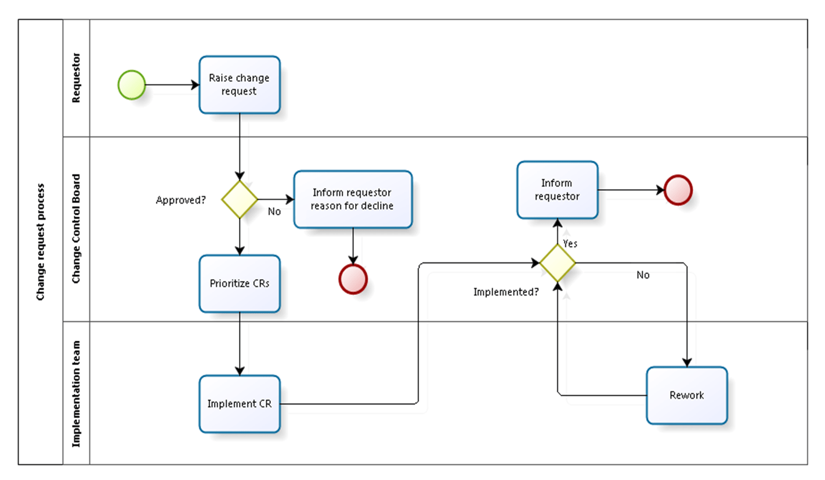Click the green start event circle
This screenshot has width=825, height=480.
[x=131, y=85]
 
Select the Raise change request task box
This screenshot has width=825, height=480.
[x=239, y=85]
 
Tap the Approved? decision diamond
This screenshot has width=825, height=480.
[x=240, y=199]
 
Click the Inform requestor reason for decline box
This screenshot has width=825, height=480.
[x=353, y=199]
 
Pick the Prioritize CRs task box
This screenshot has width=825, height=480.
[x=239, y=284]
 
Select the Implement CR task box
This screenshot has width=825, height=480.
[x=239, y=404]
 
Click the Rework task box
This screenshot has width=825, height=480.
[x=686, y=395]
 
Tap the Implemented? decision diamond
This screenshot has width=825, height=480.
[x=557, y=263]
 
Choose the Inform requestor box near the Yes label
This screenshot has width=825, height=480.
[x=557, y=190]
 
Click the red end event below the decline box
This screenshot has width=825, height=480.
[x=353, y=279]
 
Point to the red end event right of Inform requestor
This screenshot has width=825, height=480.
[x=678, y=190]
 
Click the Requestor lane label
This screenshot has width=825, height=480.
[x=75, y=78]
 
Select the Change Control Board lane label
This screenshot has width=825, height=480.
[x=75, y=229]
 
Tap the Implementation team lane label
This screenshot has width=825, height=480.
[x=75, y=393]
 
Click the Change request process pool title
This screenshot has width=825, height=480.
[x=41, y=242]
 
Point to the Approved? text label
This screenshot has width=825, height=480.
[x=180, y=200]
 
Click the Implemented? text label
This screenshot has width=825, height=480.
[x=505, y=292]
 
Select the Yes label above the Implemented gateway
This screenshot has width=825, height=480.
[x=570, y=243]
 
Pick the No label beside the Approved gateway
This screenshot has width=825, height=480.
[x=274, y=212]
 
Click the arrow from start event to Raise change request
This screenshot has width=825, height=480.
[x=172, y=85]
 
